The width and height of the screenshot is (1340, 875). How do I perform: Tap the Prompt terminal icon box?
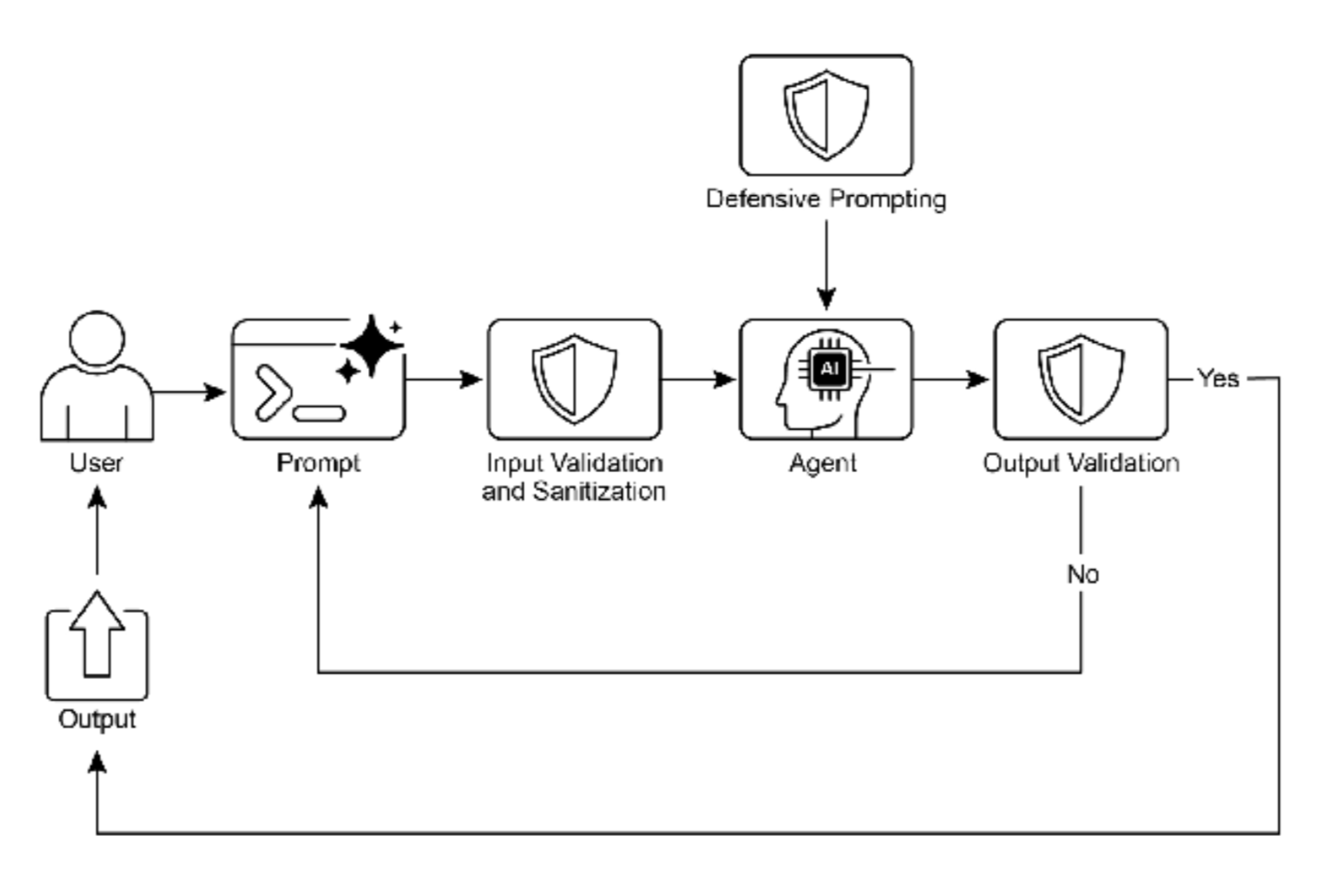(317, 380)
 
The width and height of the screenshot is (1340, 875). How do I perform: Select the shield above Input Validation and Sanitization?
(574, 378)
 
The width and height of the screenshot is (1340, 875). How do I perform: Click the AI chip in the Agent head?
(829, 370)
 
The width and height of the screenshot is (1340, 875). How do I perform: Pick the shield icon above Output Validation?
(1081, 378)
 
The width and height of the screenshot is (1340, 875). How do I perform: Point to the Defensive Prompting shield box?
(825, 115)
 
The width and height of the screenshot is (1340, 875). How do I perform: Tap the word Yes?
(1218, 378)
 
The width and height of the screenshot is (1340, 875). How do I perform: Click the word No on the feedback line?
(1082, 574)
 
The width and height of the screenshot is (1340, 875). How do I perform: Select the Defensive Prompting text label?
(825, 199)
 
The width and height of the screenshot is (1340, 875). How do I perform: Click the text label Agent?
(823, 463)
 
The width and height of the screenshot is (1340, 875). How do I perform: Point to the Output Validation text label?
(1081, 463)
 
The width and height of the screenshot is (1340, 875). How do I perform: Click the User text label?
(96, 463)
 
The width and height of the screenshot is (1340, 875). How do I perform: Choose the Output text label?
(97, 719)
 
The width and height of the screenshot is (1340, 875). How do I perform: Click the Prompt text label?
(318, 463)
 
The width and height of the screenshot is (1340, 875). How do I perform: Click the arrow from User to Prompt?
(189, 391)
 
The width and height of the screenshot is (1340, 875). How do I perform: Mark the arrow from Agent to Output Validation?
(951, 379)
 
